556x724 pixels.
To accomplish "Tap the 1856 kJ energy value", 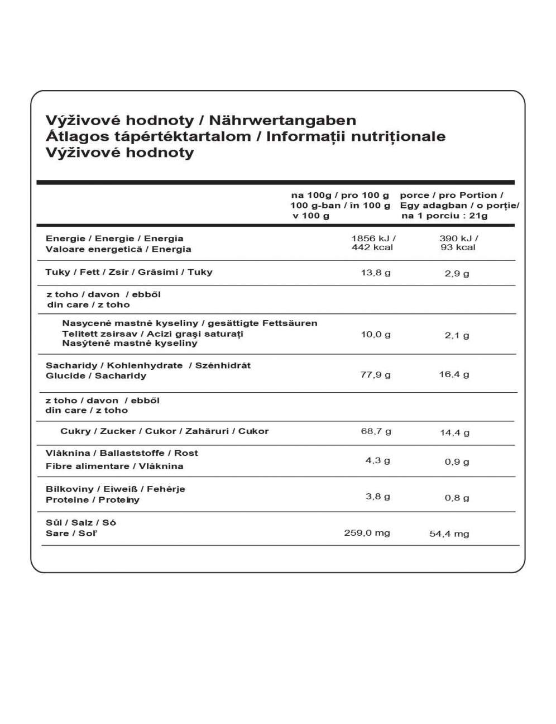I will (373, 238).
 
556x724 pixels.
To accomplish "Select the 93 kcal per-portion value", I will (458, 247).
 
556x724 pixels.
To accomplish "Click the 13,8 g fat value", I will (376, 273).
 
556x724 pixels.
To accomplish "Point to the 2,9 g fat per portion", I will (457, 274).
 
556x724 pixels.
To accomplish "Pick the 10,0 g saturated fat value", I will (376, 334).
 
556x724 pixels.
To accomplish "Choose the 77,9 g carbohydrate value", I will (376, 374).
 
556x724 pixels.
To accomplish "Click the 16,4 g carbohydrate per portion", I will (454, 374).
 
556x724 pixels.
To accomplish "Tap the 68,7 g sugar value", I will (376, 431).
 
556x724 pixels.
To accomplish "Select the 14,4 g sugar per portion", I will (454, 432).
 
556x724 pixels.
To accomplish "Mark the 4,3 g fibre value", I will (378, 460).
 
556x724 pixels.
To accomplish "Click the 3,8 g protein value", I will (378, 496).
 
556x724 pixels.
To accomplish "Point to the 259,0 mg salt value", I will (367, 533).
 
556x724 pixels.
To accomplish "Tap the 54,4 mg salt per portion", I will (449, 534).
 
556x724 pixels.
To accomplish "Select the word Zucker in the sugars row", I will (118, 431).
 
